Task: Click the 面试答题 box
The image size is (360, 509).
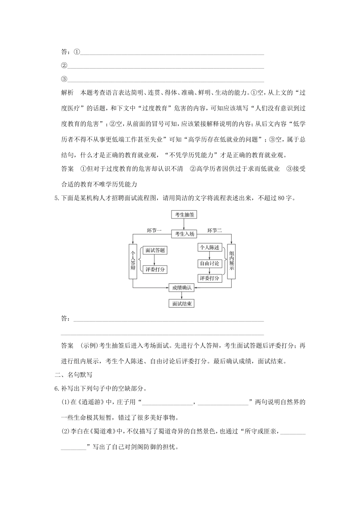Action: click(x=155, y=250)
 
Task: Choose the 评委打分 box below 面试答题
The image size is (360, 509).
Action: click(x=155, y=270)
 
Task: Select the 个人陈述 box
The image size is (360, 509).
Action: click(x=210, y=247)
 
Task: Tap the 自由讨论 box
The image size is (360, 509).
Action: click(x=210, y=263)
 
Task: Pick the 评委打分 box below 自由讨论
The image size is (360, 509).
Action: click(x=210, y=278)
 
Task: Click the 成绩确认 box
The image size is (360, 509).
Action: click(x=182, y=288)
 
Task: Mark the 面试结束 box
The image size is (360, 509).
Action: click(x=182, y=303)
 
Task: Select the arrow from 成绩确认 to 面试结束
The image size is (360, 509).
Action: click(x=182, y=296)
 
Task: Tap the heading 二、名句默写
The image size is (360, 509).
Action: click(x=74, y=375)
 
